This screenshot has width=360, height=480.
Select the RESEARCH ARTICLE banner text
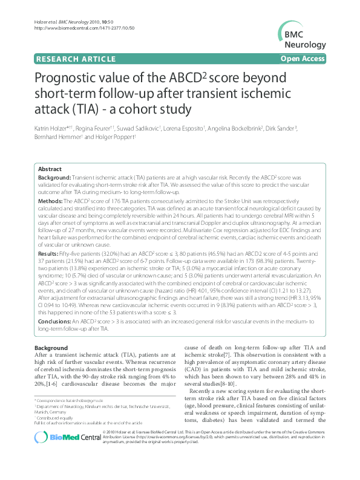(x=76, y=59)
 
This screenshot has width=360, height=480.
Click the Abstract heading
(x=50, y=169)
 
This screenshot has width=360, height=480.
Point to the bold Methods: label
(x=51, y=199)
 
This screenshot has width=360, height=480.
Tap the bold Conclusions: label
(x=55, y=322)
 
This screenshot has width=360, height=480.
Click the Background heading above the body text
(x=51, y=348)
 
